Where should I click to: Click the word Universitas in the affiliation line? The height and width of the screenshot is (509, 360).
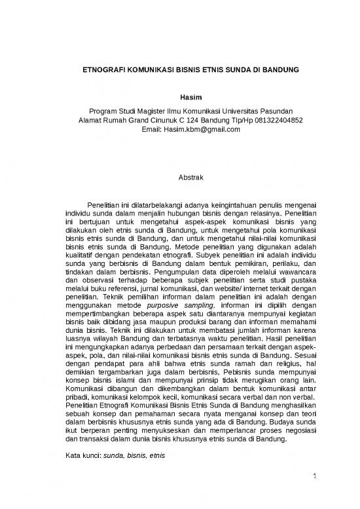[239, 109]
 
